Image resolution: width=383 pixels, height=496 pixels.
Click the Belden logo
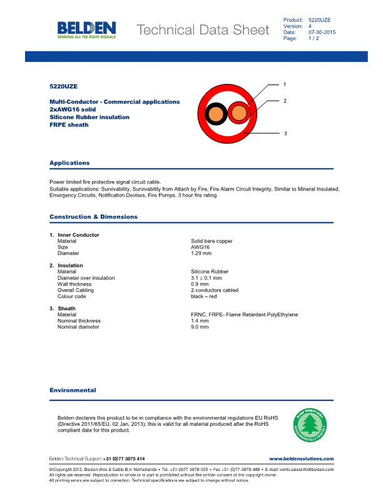coord(86,29)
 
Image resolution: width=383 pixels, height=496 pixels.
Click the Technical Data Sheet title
coord(202,30)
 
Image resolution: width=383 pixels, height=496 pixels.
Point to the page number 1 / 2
coord(314,39)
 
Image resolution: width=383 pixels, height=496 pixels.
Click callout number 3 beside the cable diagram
coord(285,133)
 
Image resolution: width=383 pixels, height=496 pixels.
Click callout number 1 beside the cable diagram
coord(284,84)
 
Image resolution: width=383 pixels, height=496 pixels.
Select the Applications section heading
coord(69,163)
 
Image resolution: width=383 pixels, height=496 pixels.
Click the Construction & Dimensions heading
coord(93,217)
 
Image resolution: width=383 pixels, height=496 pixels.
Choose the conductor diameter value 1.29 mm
coord(201,253)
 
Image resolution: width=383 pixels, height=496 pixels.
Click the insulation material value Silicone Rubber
coord(210,272)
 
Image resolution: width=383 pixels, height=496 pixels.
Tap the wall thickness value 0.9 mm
coord(199,284)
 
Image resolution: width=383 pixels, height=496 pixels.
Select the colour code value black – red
coord(205,296)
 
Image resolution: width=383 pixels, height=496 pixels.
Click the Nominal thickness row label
coord(79,321)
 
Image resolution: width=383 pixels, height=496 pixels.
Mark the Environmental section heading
coord(73,390)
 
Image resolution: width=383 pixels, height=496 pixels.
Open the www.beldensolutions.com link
coord(301,459)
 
